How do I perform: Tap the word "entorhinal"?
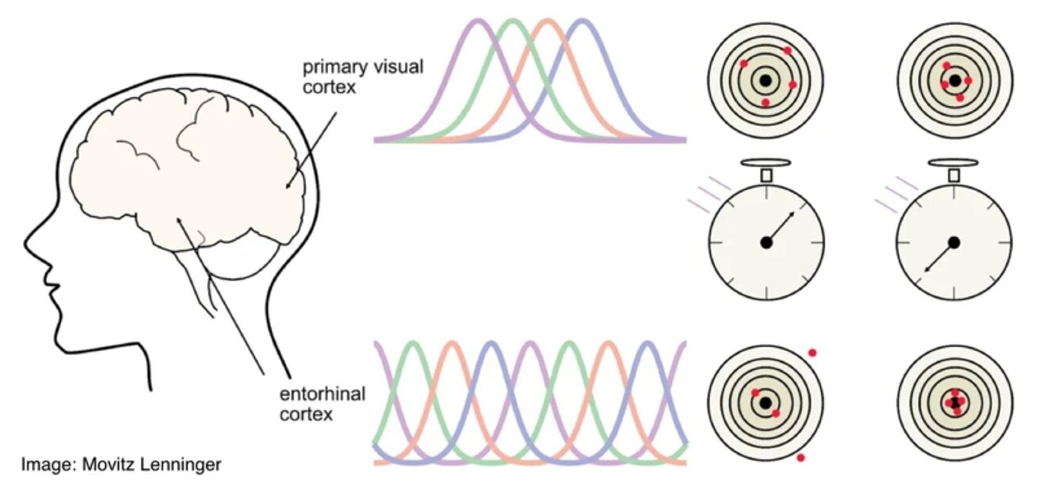(x=323, y=394)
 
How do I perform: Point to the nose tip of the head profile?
(x=25, y=244)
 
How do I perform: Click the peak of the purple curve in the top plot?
(x=478, y=21)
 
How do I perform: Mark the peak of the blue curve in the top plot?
(x=583, y=21)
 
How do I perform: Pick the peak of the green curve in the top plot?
(x=513, y=21)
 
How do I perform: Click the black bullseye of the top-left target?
(x=766, y=81)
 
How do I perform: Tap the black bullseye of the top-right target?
(x=955, y=81)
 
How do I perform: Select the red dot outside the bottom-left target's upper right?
(x=812, y=353)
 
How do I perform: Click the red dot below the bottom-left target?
(x=800, y=458)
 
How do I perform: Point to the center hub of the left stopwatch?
(x=766, y=242)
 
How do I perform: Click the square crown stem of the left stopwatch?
(x=766, y=175)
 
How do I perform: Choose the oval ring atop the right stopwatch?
(x=953, y=162)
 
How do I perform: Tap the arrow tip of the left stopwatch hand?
(x=793, y=213)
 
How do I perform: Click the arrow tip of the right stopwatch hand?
(x=926, y=271)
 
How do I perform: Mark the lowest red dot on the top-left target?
(x=766, y=103)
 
